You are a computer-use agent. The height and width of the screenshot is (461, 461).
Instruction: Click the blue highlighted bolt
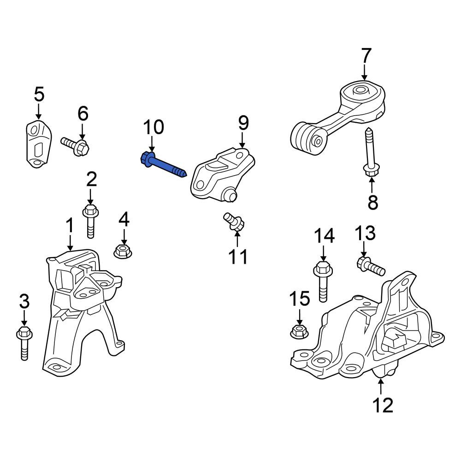pos(164,165)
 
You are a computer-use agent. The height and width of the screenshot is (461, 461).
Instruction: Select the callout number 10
pos(153,127)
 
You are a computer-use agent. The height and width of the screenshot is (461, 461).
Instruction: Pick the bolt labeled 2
pos(90,221)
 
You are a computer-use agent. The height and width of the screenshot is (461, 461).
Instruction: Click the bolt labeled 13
pos(371,266)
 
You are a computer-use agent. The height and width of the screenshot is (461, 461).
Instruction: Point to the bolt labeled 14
pos(323,281)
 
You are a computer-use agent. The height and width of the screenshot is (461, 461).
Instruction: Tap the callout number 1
pos(70,225)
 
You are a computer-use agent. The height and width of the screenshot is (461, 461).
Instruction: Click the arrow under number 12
pos(381,386)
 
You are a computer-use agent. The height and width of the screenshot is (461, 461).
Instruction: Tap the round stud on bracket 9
pos(229,195)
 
